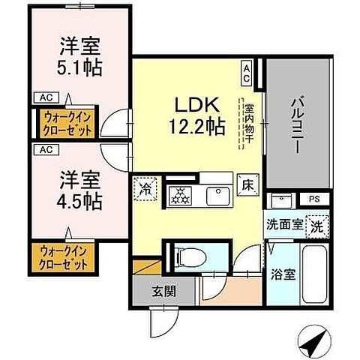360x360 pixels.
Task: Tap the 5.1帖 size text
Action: pyautogui.click(x=79, y=67)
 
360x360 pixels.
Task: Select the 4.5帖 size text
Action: pyautogui.click(x=79, y=200)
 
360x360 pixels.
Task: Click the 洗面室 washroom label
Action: pyautogui.click(x=283, y=223)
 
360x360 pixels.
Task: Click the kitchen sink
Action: pyautogui.click(x=218, y=194)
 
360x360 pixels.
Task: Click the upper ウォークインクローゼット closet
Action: pyautogui.click(x=66, y=124)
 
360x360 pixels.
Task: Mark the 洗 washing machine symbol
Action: pyautogui.click(x=317, y=224)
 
